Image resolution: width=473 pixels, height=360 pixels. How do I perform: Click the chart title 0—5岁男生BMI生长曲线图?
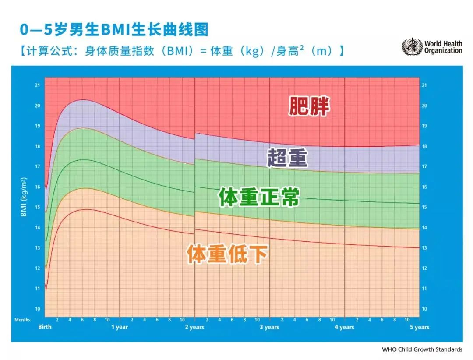tap(114, 30)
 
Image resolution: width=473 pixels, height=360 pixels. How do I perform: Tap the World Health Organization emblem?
tap(412, 47)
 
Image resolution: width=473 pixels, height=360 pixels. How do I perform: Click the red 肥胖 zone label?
tap(309, 106)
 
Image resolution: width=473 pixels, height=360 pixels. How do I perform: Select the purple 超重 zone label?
tap(287, 158)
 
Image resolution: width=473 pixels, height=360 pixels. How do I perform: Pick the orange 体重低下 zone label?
tap(227, 254)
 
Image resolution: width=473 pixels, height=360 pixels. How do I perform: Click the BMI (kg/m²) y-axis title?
tap(24, 197)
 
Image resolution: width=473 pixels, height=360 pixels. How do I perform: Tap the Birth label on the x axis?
tap(45, 327)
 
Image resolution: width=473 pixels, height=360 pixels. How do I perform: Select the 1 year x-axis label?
tap(119, 327)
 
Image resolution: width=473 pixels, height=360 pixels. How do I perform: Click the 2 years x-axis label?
tap(194, 327)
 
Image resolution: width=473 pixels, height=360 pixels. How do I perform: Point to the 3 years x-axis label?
tap(269, 327)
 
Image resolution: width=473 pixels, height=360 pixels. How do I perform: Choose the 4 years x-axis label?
tap(345, 327)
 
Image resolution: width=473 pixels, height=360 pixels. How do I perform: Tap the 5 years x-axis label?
tap(420, 327)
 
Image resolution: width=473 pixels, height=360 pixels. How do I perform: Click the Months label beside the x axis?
tap(22, 320)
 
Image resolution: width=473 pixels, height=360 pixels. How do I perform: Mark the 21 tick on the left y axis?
tap(38, 85)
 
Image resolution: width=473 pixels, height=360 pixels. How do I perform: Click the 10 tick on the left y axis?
tap(38, 309)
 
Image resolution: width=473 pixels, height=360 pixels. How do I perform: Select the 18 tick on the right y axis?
tap(424, 146)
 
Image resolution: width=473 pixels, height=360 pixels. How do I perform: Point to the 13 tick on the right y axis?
tap(424, 248)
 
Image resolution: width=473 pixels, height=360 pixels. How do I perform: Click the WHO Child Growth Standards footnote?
tap(422, 349)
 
